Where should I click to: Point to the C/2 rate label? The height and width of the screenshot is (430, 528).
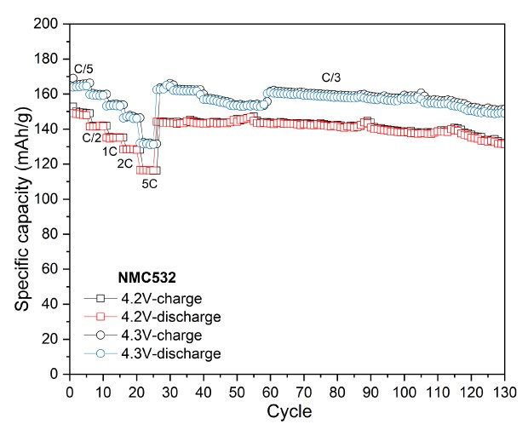(x=91, y=138)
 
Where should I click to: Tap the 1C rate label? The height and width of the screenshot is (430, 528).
(x=110, y=151)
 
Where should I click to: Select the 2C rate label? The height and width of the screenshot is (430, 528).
(x=124, y=163)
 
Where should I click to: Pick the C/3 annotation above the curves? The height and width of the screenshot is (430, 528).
(x=331, y=77)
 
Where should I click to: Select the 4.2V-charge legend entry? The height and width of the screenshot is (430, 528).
(x=162, y=299)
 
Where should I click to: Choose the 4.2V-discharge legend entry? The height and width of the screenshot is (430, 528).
(x=169, y=317)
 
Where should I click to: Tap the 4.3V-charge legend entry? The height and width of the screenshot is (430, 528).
(x=162, y=335)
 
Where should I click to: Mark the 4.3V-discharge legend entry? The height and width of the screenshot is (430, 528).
(x=169, y=353)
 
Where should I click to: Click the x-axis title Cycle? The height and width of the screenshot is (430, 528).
(x=287, y=412)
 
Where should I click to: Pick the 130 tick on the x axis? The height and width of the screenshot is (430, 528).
(x=504, y=391)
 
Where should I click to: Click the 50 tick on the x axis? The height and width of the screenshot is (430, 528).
(x=237, y=391)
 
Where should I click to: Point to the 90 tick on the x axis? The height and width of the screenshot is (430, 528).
(x=370, y=391)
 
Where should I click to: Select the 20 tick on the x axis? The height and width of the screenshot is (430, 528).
(x=136, y=391)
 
